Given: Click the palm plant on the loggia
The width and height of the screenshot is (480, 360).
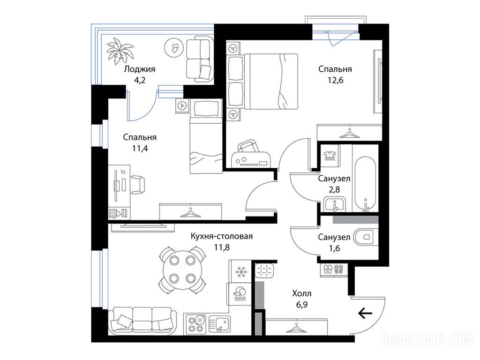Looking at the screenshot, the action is coord(120,51).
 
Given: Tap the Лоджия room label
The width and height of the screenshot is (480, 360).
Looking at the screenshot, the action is coord(139,69).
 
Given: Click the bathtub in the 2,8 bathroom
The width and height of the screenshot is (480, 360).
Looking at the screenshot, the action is coord(365,184).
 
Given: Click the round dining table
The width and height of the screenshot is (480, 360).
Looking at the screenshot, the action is coord(182,270).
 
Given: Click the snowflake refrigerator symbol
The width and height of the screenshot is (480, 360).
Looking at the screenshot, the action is coord(240,272).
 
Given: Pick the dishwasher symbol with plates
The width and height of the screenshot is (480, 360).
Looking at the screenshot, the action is coord(240,294).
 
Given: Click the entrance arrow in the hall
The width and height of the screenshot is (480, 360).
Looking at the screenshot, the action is coord(365,313).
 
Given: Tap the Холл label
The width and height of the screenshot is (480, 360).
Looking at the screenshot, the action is coord(302,293).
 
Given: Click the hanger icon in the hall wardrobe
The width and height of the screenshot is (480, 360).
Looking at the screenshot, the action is coord(296,328).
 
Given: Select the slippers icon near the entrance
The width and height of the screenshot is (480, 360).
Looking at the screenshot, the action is coord(333,269).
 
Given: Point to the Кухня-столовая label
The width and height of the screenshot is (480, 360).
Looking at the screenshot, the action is coord(222,236).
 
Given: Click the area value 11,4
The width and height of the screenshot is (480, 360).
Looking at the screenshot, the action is coord(140,149).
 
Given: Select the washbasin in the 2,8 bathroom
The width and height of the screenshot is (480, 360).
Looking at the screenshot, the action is coord(335,204).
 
